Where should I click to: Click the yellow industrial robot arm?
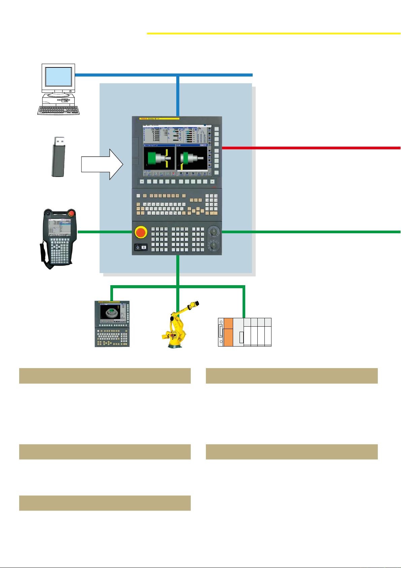[x=179, y=324]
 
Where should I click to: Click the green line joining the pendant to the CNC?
[x=104, y=232]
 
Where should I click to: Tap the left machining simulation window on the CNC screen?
[x=159, y=158]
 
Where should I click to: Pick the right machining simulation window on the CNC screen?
[x=191, y=158]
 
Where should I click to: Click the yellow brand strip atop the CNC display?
[x=159, y=119]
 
